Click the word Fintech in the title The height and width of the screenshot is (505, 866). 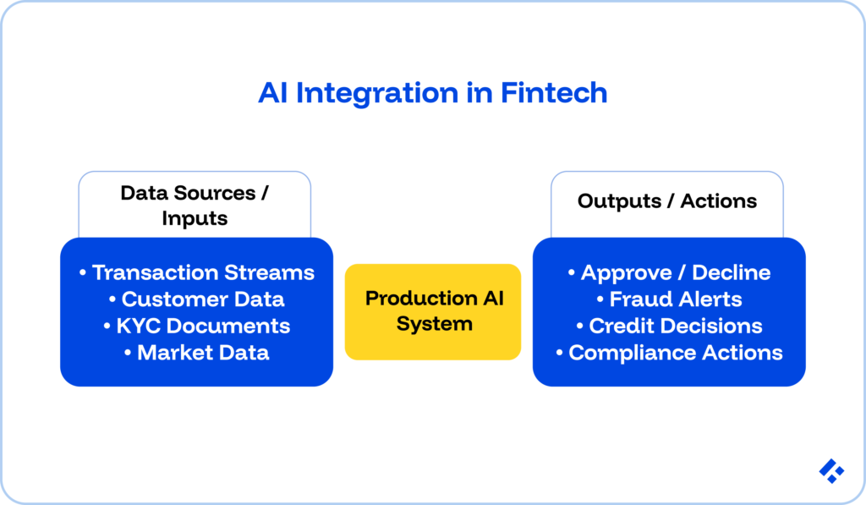point(554,93)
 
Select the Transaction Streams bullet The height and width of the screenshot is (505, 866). point(196,272)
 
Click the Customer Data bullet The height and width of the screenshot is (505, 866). point(196,299)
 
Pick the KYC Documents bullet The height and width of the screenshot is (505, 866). point(196,326)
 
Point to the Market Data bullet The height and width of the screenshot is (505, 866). point(196,353)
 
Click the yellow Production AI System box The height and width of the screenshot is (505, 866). point(433,311)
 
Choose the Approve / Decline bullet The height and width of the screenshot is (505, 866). point(669,272)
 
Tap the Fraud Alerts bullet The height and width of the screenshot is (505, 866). point(669,299)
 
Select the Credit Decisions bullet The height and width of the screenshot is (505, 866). point(669,326)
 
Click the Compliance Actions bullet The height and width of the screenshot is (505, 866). point(669,353)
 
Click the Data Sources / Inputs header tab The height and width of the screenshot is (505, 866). point(195,205)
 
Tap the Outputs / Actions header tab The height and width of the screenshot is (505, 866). point(667,201)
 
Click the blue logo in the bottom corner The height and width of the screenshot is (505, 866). point(831,471)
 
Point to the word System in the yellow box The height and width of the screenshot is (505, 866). point(434,324)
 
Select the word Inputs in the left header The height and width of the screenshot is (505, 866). point(195,218)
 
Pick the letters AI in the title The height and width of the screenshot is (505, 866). point(272,93)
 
